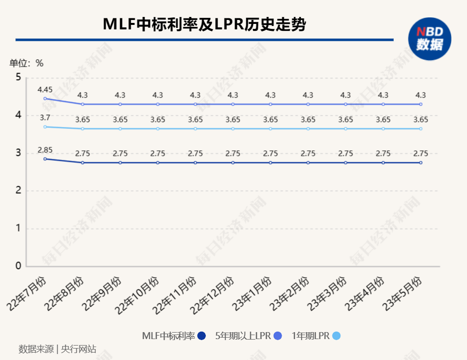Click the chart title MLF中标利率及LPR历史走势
point(204,24)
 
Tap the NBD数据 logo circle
point(430,39)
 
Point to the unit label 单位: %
point(26,63)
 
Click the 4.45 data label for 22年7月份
point(45,90)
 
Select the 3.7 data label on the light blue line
point(45,118)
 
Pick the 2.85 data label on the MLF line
point(45,149)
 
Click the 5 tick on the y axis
point(18,77)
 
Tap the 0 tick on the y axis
point(18,266)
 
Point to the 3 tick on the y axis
point(18,153)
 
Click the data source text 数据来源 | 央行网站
point(57,349)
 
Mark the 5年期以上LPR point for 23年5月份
point(421,104)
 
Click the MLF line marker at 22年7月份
point(45,159)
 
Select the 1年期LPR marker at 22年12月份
point(233,128)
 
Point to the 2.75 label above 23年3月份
point(345,153)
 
